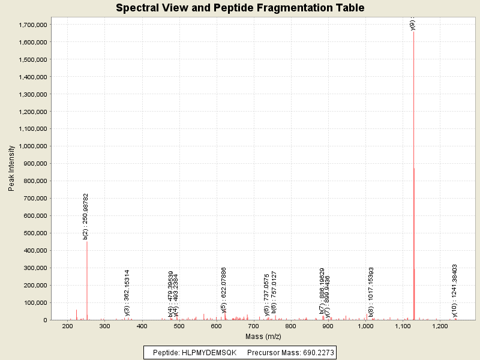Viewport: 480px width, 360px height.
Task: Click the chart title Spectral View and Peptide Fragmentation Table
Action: pos(240,8)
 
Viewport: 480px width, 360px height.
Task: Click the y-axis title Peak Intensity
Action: pos(11,169)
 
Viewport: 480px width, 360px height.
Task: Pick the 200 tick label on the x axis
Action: pos(68,326)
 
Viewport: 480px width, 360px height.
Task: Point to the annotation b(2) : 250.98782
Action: pos(86,217)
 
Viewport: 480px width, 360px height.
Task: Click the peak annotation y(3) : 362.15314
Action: pos(127,292)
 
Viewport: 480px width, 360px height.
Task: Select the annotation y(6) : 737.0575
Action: pos(266,295)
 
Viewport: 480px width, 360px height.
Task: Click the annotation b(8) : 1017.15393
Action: pos(371,292)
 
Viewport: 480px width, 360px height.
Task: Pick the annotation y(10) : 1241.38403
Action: pos(455,290)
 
